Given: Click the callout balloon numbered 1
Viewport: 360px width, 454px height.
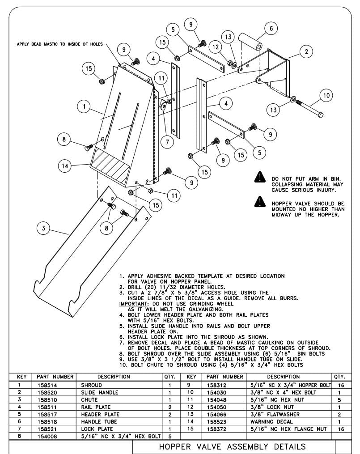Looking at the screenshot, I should tap(84, 106).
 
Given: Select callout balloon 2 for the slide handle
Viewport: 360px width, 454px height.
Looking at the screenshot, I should tap(306, 52).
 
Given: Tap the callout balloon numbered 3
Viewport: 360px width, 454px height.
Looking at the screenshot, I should tap(43, 228).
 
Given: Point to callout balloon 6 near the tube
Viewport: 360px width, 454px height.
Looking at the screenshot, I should tap(271, 28).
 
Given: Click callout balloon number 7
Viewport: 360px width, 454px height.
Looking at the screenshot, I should tap(167, 142).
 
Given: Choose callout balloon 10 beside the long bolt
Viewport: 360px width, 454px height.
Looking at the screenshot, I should tap(326, 95).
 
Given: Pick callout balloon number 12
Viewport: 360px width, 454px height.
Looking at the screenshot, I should tap(216, 47).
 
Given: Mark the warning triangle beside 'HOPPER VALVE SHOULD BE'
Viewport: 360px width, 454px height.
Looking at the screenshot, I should tap(260, 202).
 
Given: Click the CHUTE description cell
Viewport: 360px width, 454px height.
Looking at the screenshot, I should tap(89, 399).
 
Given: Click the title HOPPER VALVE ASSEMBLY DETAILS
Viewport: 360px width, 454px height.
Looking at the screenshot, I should tap(233, 446).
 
